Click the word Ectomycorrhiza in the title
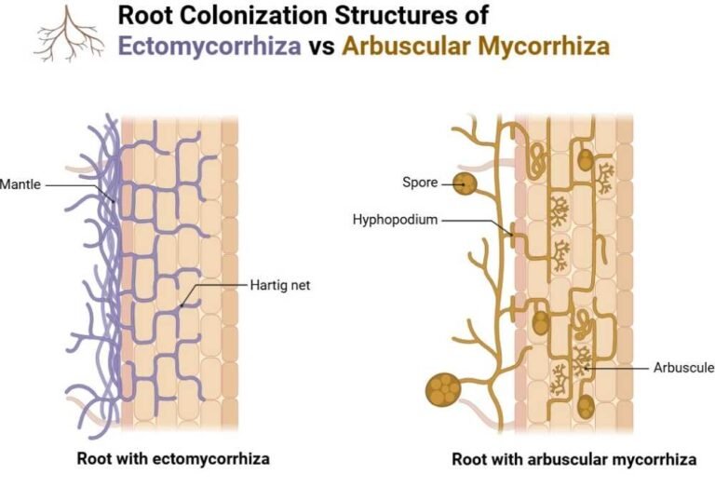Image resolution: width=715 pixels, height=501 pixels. (209, 46)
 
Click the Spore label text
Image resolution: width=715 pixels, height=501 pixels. (420, 183)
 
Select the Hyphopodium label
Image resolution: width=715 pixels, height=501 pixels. (395, 221)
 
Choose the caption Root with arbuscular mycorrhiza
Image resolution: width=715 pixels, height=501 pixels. (573, 459)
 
